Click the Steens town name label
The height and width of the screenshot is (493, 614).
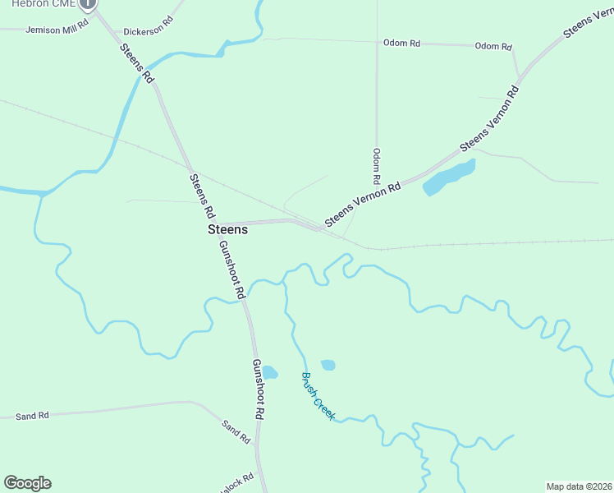pyautogui.click(x=227, y=230)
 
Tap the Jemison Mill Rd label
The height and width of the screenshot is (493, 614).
pyautogui.click(x=57, y=30)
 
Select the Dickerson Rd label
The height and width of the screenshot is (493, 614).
pyautogui.click(x=149, y=26)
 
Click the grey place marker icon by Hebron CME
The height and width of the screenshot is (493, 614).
pyautogui.click(x=88, y=4)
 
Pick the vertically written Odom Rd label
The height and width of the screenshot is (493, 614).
pyautogui.click(x=376, y=166)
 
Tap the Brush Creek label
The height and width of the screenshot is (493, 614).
pyautogui.click(x=318, y=397)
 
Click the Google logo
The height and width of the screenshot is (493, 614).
pyautogui.click(x=27, y=483)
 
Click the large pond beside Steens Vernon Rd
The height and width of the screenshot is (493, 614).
pyautogui.click(x=449, y=177)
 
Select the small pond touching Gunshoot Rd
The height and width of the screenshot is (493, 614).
pyautogui.click(x=268, y=372)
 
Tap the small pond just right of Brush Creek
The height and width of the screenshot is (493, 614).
pyautogui.click(x=328, y=365)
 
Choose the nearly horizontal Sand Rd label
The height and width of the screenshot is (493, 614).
pyautogui.click(x=32, y=416)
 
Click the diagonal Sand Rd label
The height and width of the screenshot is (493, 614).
pyautogui.click(x=236, y=432)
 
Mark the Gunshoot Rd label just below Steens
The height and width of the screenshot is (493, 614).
pyautogui.click(x=232, y=270)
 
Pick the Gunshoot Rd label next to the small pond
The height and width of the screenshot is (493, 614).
pyautogui.click(x=257, y=389)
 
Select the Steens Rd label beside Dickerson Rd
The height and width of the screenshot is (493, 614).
pyautogui.click(x=137, y=62)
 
